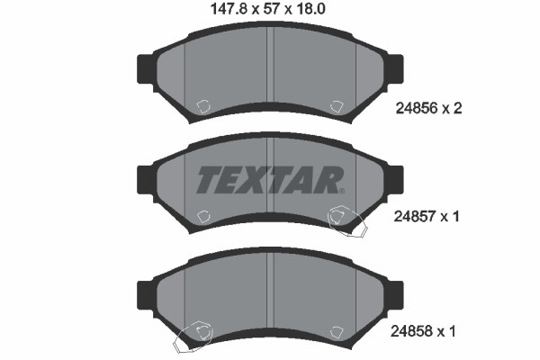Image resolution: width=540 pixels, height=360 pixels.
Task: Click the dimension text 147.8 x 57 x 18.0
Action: (x=267, y=9)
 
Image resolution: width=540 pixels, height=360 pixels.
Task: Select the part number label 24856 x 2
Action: (x=428, y=109)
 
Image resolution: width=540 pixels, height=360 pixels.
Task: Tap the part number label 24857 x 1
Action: (x=427, y=217)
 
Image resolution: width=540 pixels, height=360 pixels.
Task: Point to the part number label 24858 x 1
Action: (x=423, y=331)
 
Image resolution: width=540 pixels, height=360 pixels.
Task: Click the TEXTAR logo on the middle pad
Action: (x=269, y=180)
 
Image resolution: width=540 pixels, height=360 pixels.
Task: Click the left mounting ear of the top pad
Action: (x=145, y=69)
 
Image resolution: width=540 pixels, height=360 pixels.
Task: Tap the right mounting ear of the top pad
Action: (x=395, y=69)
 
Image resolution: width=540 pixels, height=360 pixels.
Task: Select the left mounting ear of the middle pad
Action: (x=145, y=180)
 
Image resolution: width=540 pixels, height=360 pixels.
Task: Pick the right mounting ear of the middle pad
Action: (x=395, y=180)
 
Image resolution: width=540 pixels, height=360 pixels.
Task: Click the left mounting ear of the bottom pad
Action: (x=145, y=295)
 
